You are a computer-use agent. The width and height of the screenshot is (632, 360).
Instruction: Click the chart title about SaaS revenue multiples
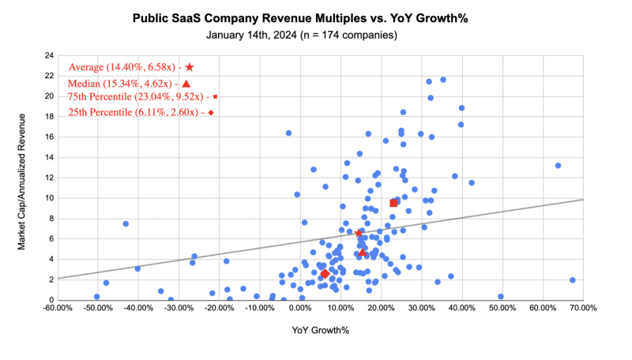[x=316, y=16]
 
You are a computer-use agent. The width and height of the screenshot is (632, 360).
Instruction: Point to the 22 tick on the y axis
[x=49, y=76]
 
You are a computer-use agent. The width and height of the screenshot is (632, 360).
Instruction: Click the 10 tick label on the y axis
[x=49, y=198]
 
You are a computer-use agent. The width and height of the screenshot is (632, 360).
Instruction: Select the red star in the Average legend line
[x=190, y=68]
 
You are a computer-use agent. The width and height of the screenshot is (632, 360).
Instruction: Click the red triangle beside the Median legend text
[x=186, y=84]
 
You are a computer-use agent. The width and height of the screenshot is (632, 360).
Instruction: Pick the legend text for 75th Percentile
[x=137, y=97]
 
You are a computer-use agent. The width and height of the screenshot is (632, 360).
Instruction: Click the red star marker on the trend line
[x=359, y=234]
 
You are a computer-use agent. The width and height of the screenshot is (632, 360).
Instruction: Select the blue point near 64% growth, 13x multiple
[x=558, y=166]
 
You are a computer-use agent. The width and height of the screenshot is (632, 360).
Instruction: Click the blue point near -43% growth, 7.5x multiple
[x=126, y=223]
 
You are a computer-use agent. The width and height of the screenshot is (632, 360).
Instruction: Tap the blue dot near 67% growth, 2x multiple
[x=572, y=280]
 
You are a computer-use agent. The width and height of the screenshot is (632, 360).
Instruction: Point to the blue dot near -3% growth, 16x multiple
[x=288, y=133]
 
